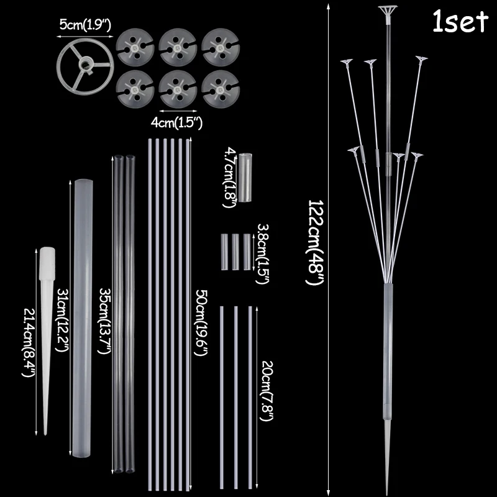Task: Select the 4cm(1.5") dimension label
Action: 177,122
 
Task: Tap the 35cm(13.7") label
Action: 105,319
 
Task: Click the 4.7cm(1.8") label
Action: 229,178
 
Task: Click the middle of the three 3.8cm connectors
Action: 235,251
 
